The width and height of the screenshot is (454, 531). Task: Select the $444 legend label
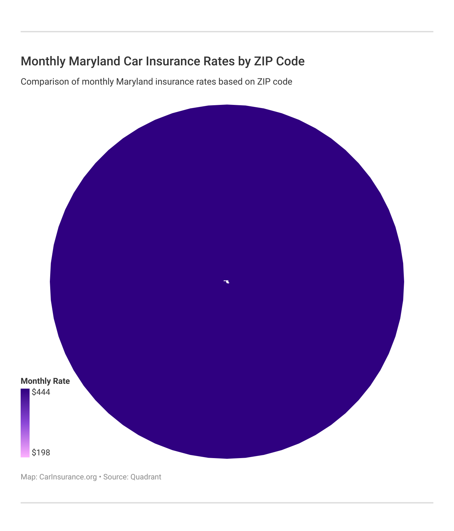pyautogui.click(x=41, y=392)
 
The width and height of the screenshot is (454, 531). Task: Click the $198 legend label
pyautogui.click(x=41, y=452)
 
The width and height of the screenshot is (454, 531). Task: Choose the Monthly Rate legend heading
pyautogui.click(x=45, y=381)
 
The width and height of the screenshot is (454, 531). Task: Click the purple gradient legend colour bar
pyautogui.click(x=25, y=423)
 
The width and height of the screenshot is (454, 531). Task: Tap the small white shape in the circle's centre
pyautogui.click(x=226, y=282)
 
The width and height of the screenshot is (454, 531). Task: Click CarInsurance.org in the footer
pyautogui.click(x=68, y=477)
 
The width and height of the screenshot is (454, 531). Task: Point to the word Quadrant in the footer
pyautogui.click(x=146, y=477)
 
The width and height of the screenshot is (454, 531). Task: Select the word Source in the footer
pyautogui.click(x=116, y=477)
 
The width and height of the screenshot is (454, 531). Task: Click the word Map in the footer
pyautogui.click(x=29, y=477)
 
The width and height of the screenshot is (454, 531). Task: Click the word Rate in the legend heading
pyautogui.click(x=61, y=381)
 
